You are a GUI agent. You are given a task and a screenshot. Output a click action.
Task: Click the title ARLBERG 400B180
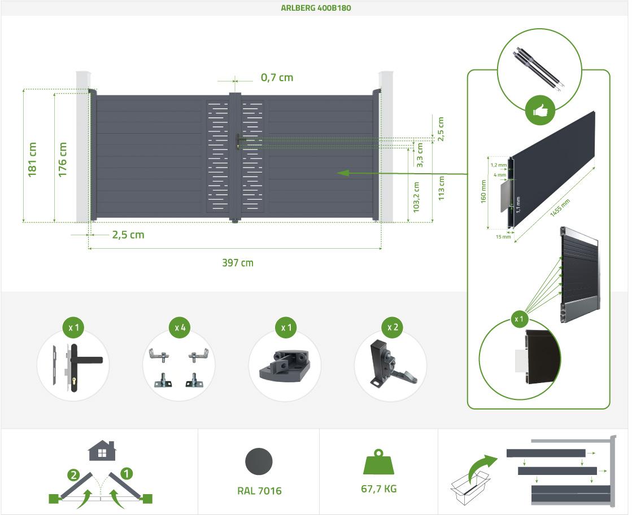click(x=316, y=8)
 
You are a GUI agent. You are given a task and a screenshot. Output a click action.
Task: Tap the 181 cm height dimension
click(x=33, y=160)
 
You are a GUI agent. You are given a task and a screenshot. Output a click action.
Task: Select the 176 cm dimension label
click(x=63, y=160)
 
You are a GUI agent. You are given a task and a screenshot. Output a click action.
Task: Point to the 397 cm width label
click(x=237, y=263)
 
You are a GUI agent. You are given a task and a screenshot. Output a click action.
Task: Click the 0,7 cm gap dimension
click(x=277, y=78)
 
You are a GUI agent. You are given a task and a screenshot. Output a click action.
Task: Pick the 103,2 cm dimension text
click(x=416, y=197)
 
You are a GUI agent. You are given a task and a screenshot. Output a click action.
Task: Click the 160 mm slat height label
click(x=483, y=192)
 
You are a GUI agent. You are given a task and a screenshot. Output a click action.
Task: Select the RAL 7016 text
click(x=259, y=491)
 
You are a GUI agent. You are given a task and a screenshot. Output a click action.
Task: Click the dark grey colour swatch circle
click(x=259, y=462)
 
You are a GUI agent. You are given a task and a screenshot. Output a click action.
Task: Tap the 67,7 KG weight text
click(x=378, y=488)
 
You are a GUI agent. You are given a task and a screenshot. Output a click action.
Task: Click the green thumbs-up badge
click(x=539, y=111)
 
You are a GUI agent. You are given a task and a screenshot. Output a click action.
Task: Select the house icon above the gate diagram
click(x=102, y=451)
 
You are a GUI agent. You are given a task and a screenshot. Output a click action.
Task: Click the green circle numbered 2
click(x=73, y=474)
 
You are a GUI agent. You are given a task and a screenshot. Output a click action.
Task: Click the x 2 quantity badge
click(x=393, y=327)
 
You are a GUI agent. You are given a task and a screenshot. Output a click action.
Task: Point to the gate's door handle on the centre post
click(x=238, y=140)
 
